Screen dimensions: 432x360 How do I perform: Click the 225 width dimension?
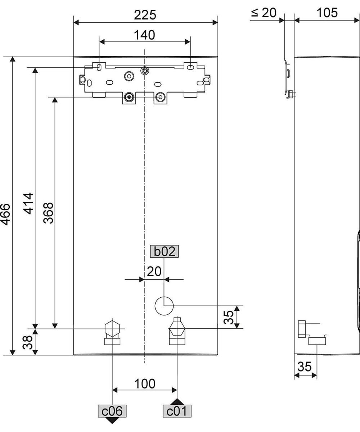pos(145,15)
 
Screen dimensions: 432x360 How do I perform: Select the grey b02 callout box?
pos(164,252)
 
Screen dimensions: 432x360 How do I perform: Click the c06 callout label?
pos(112,411)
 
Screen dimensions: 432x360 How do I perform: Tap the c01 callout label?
pos(177,411)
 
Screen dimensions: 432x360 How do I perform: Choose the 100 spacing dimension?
pos(145,384)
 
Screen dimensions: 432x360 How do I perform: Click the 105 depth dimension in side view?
pos(327,13)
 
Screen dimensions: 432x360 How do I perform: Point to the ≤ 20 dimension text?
pos(263,13)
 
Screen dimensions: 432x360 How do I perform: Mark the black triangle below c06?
pos(112,420)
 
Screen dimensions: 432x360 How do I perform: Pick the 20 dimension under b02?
pos(154,271)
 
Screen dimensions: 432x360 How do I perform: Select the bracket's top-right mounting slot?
pos(190,67)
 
